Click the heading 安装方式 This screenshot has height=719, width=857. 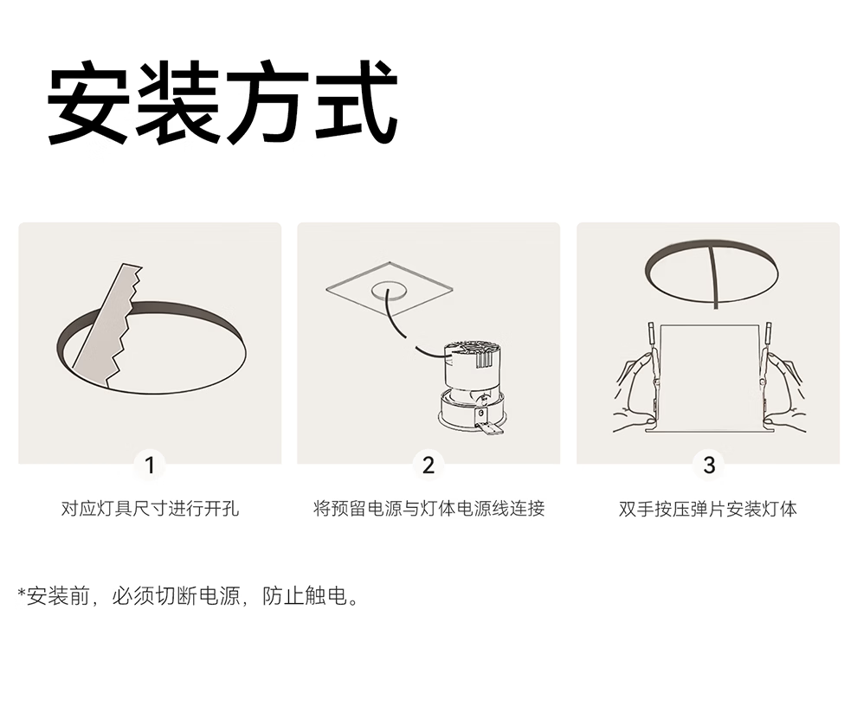(222, 102)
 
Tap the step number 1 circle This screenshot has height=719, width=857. (150, 465)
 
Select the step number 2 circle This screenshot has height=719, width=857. (428, 465)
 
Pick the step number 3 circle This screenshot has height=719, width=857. (709, 465)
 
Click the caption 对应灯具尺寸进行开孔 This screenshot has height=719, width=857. (150, 509)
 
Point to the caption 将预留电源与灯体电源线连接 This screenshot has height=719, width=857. (429, 509)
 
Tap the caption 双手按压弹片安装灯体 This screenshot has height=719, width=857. (708, 509)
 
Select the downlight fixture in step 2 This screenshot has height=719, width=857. (471, 386)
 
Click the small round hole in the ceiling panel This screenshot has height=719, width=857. (389, 291)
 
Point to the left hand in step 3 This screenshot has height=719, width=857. (638, 390)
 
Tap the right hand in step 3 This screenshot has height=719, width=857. (783, 390)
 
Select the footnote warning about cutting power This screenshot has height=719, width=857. (189, 595)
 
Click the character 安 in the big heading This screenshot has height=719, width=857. (89, 102)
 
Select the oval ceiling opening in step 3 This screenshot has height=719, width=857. (711, 272)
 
